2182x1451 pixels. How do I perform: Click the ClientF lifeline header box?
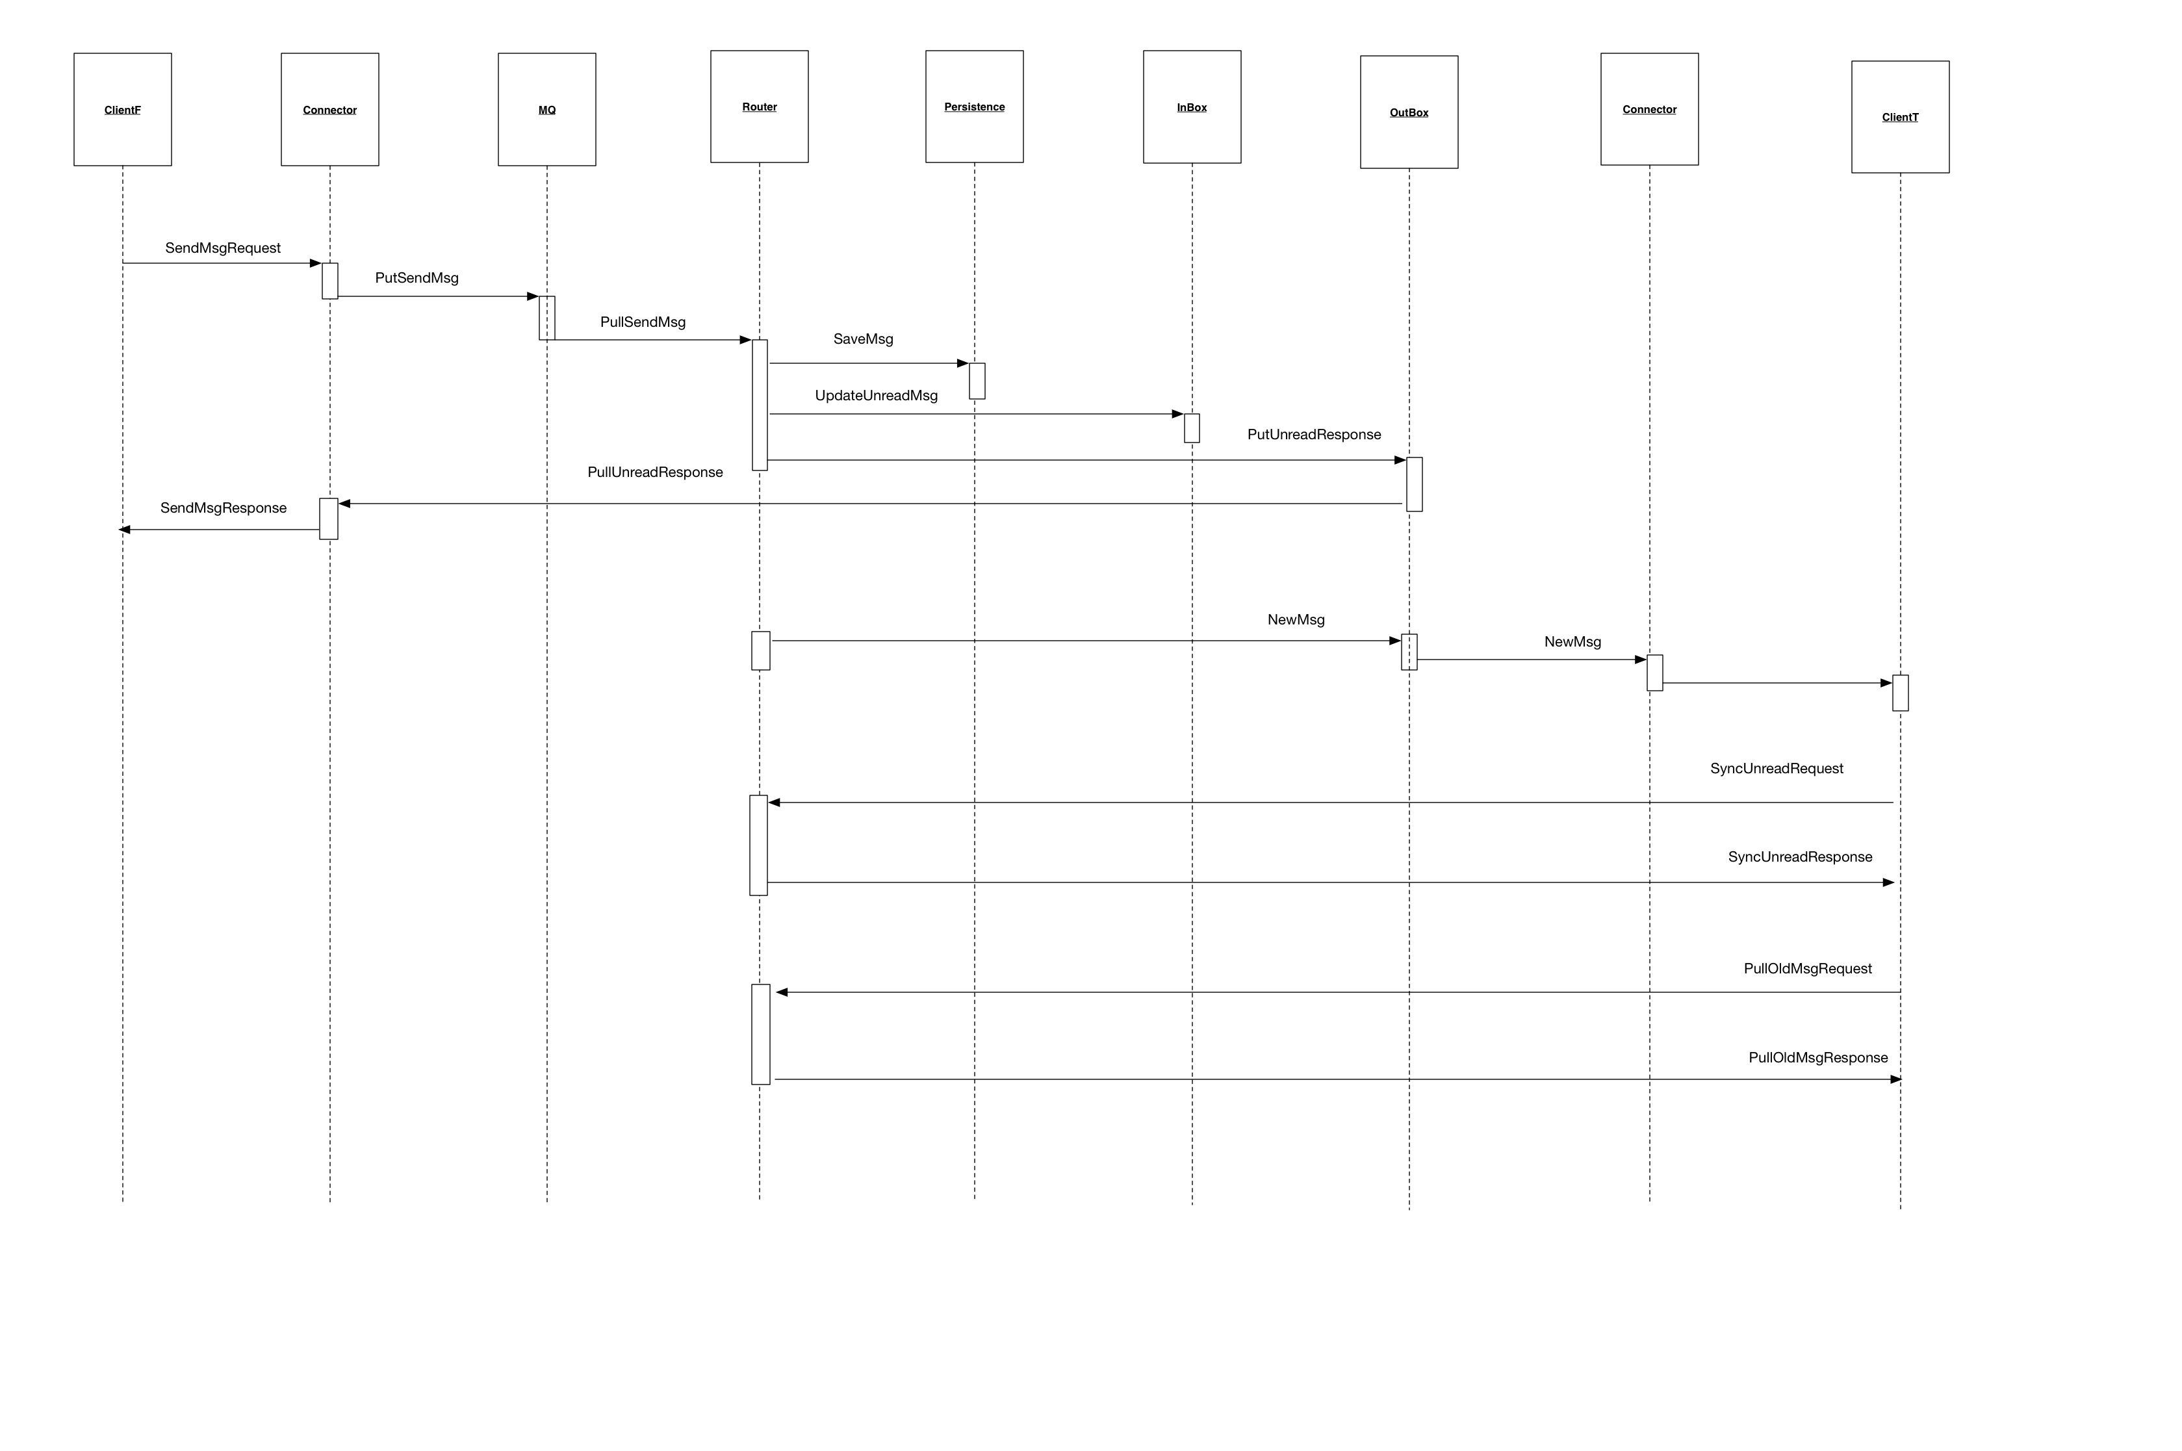122,109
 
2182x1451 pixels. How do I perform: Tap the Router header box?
759,107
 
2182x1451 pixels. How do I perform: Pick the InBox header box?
1191,107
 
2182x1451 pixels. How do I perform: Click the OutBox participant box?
1408,112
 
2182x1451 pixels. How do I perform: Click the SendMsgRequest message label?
222,248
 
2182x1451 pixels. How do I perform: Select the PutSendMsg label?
417,277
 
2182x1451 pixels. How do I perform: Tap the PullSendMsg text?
642,322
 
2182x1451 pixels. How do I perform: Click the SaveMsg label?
862,339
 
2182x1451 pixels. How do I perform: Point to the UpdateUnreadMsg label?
875,395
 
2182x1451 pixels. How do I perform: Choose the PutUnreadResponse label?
1313,434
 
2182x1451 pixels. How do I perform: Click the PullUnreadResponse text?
654,472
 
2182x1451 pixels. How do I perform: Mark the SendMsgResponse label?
223,508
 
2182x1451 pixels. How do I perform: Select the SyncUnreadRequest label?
1776,768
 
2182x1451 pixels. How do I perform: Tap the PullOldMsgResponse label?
1817,1058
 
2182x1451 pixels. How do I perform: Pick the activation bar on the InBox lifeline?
1191,428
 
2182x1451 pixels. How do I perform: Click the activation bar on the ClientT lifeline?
1900,692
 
